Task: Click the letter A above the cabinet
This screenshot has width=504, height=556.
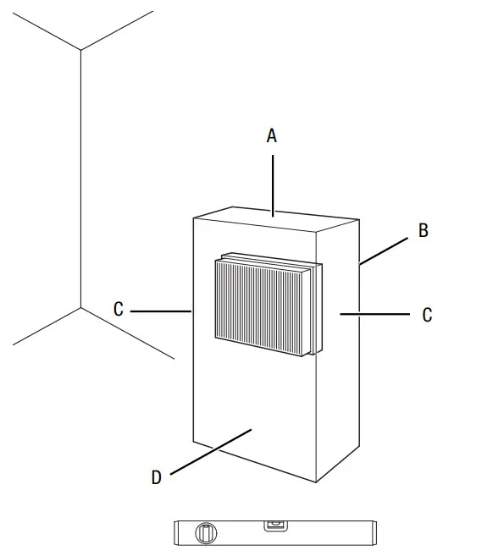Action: coord(272,135)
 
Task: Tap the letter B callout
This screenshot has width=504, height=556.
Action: coord(423,230)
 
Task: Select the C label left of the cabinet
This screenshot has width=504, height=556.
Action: coord(119,310)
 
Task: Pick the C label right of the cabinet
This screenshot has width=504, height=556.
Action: coord(427,315)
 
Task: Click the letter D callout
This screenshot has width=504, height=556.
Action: coord(156,478)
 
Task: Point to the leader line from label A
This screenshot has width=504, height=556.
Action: coord(273,182)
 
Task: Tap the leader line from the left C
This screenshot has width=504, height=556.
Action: coord(161,311)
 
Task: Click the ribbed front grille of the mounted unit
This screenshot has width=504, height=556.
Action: coord(258,304)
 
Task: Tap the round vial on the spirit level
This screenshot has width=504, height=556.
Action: coord(203,533)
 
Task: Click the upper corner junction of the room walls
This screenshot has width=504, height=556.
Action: coord(80,51)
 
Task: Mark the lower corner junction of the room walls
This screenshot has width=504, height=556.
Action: coord(80,308)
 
